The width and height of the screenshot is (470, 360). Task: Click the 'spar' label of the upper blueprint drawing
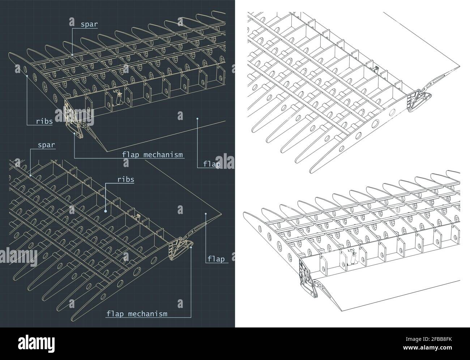(x=89, y=24)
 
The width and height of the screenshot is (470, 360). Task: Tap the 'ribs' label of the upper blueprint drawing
(x=44, y=121)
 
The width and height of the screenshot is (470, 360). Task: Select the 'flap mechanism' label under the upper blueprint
(x=152, y=155)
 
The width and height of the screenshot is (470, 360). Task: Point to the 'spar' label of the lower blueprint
(x=46, y=145)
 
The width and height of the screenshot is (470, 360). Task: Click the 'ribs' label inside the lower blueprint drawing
(x=126, y=180)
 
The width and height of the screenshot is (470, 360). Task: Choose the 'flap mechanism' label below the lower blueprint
(x=137, y=314)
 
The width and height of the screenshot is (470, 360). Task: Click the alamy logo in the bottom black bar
(x=37, y=344)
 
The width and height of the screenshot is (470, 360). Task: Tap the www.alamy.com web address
(x=427, y=348)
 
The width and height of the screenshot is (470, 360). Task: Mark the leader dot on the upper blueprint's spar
(x=72, y=55)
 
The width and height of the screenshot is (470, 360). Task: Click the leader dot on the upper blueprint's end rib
(x=27, y=76)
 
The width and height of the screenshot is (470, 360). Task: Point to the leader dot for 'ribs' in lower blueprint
(x=106, y=211)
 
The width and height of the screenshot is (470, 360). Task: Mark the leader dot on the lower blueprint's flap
(x=206, y=214)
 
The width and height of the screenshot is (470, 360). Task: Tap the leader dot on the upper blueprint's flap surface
(x=197, y=119)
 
